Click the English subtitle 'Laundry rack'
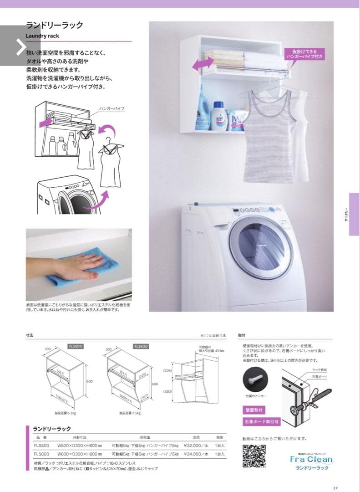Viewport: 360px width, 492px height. [x=42, y=35]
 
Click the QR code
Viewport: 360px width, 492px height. [x=254, y=456]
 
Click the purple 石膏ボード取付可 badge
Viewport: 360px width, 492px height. [x=262, y=422]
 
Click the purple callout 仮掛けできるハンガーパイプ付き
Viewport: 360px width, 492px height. [x=304, y=54]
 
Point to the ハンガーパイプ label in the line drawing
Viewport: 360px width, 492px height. [x=112, y=109]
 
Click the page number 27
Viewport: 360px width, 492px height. [x=335, y=486]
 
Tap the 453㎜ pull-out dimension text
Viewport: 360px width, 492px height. [x=211, y=350]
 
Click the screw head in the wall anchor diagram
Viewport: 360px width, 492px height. [x=296, y=412]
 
